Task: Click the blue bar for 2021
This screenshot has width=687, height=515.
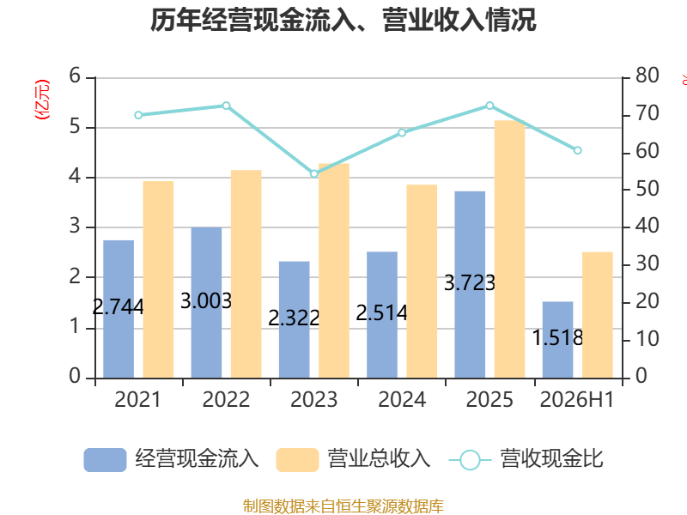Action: pyautogui.click(x=119, y=309)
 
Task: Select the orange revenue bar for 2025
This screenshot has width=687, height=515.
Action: pyautogui.click(x=509, y=249)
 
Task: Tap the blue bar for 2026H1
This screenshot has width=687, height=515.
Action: pyautogui.click(x=557, y=340)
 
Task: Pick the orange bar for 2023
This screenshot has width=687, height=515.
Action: pyautogui.click(x=334, y=270)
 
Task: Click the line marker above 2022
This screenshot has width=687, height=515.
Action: pyautogui.click(x=226, y=106)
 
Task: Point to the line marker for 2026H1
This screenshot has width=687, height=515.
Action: pyautogui.click(x=577, y=150)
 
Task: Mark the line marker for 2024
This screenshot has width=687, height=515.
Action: pyautogui.click(x=402, y=133)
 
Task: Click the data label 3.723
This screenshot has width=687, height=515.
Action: pyautogui.click(x=469, y=283)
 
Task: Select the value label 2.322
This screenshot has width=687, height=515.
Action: pyautogui.click(x=294, y=318)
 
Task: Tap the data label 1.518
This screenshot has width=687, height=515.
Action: pyautogui.click(x=557, y=337)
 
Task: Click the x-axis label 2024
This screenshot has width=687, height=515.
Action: pyautogui.click(x=402, y=399)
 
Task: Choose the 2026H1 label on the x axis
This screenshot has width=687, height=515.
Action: pyautogui.click(x=576, y=399)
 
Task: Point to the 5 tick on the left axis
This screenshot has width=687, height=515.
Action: pyautogui.click(x=75, y=126)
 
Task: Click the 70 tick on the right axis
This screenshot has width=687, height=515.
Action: pyautogui.click(x=647, y=113)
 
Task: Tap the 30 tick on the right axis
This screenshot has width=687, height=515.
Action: pyautogui.click(x=647, y=264)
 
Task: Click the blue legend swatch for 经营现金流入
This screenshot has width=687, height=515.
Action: pyautogui.click(x=105, y=460)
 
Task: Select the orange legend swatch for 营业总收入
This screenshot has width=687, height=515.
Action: pyautogui.click(x=297, y=460)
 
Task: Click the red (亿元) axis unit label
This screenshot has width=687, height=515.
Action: pyautogui.click(x=42, y=100)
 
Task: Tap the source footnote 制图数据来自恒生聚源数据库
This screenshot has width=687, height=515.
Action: pyautogui.click(x=343, y=506)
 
